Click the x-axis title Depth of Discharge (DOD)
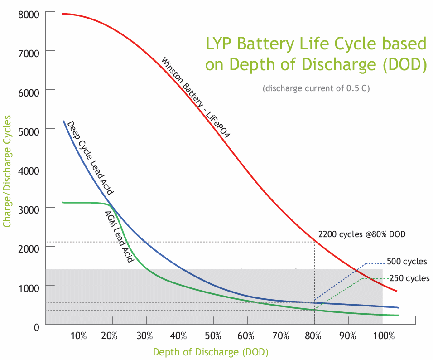211,352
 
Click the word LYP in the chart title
220,44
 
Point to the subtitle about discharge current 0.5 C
316,88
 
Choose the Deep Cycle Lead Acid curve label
90,158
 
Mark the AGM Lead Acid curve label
119,237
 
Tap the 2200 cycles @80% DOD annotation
362,234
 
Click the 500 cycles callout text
407,262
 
